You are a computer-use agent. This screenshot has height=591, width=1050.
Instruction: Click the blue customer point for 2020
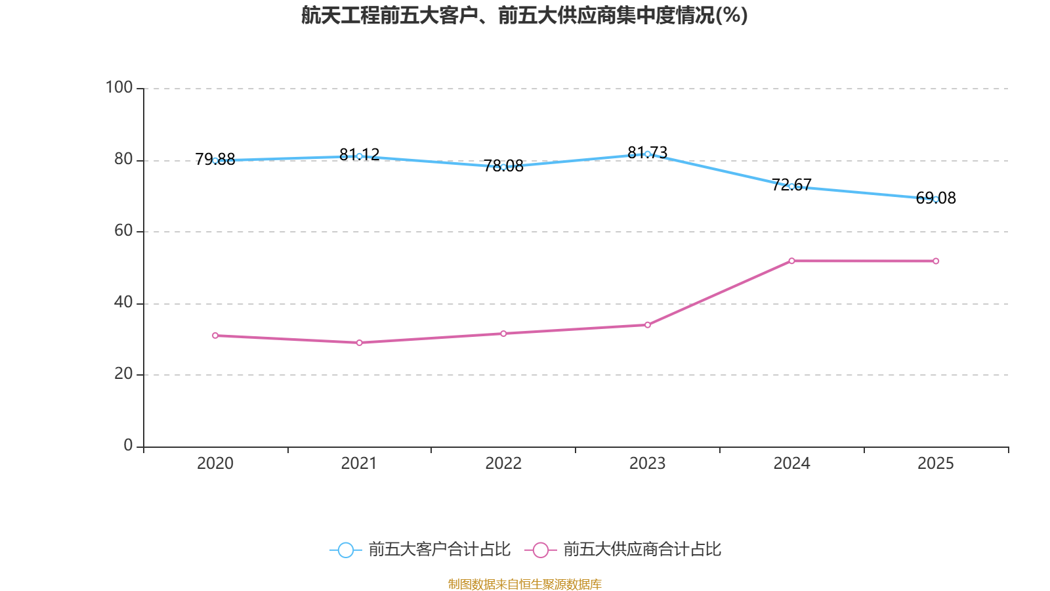point(215,160)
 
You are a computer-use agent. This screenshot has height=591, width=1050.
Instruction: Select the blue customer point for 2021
point(359,156)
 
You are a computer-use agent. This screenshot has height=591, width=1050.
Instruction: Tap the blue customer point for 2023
point(647,154)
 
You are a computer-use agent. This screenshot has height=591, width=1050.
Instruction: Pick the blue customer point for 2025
point(936,199)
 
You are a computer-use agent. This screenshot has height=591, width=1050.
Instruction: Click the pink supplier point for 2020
point(215,336)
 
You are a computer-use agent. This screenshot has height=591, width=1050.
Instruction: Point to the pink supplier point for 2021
point(359,343)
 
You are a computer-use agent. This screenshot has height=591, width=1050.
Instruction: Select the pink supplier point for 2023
point(647,325)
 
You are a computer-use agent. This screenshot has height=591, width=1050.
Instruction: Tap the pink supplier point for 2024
point(791,261)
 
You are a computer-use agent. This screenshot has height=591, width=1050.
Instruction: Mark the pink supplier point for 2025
point(936,261)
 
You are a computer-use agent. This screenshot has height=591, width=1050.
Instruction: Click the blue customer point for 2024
point(791,186)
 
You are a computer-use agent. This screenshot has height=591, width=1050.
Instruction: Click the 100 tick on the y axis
point(119,87)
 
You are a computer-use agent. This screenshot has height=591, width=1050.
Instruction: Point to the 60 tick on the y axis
point(123,230)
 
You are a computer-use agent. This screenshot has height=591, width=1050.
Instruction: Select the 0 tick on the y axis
point(128,445)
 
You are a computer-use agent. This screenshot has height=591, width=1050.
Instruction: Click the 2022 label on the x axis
point(503,464)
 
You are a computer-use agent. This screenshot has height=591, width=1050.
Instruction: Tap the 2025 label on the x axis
point(936,464)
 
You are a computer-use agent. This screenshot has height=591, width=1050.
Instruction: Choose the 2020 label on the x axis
point(215,464)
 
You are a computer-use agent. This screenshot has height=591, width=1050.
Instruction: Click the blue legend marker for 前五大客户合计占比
point(345,550)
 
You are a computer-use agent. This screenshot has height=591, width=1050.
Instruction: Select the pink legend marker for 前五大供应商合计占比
point(540,550)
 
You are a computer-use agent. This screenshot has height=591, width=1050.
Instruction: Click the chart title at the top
point(524,15)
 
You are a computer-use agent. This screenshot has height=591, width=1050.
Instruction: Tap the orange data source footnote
point(524,584)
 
